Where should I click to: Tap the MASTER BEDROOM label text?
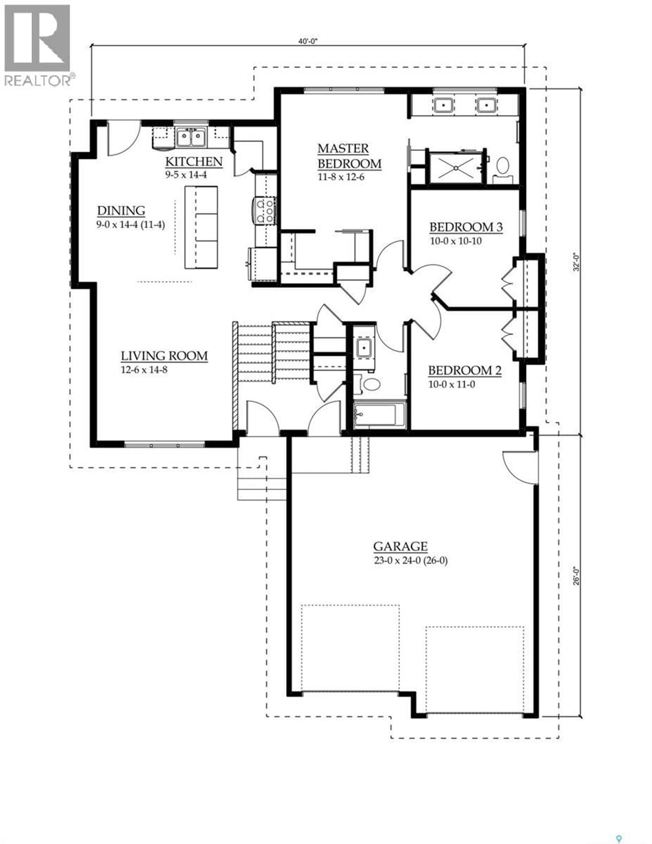pyautogui.click(x=349, y=156)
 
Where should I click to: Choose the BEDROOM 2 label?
pyautogui.click(x=465, y=371)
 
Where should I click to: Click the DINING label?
pyautogui.click(x=121, y=211)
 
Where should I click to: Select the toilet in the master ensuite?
pyautogui.click(x=502, y=166)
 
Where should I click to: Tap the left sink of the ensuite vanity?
pyautogui.click(x=443, y=105)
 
